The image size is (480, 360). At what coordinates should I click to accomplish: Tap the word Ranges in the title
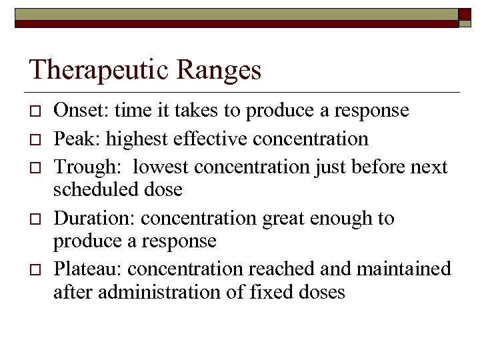click(225, 70)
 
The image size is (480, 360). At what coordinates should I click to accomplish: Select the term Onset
click(76, 111)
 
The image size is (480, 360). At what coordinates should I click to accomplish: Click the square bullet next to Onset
click(35, 111)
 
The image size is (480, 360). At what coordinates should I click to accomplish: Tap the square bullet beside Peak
click(35, 139)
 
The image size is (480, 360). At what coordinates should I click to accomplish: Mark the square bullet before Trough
click(35, 167)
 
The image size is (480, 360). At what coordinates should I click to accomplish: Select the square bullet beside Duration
click(35, 219)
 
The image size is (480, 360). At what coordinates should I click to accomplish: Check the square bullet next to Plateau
click(35, 269)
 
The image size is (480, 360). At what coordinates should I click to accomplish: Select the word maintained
click(404, 269)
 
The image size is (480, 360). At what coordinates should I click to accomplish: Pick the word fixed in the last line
click(265, 291)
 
